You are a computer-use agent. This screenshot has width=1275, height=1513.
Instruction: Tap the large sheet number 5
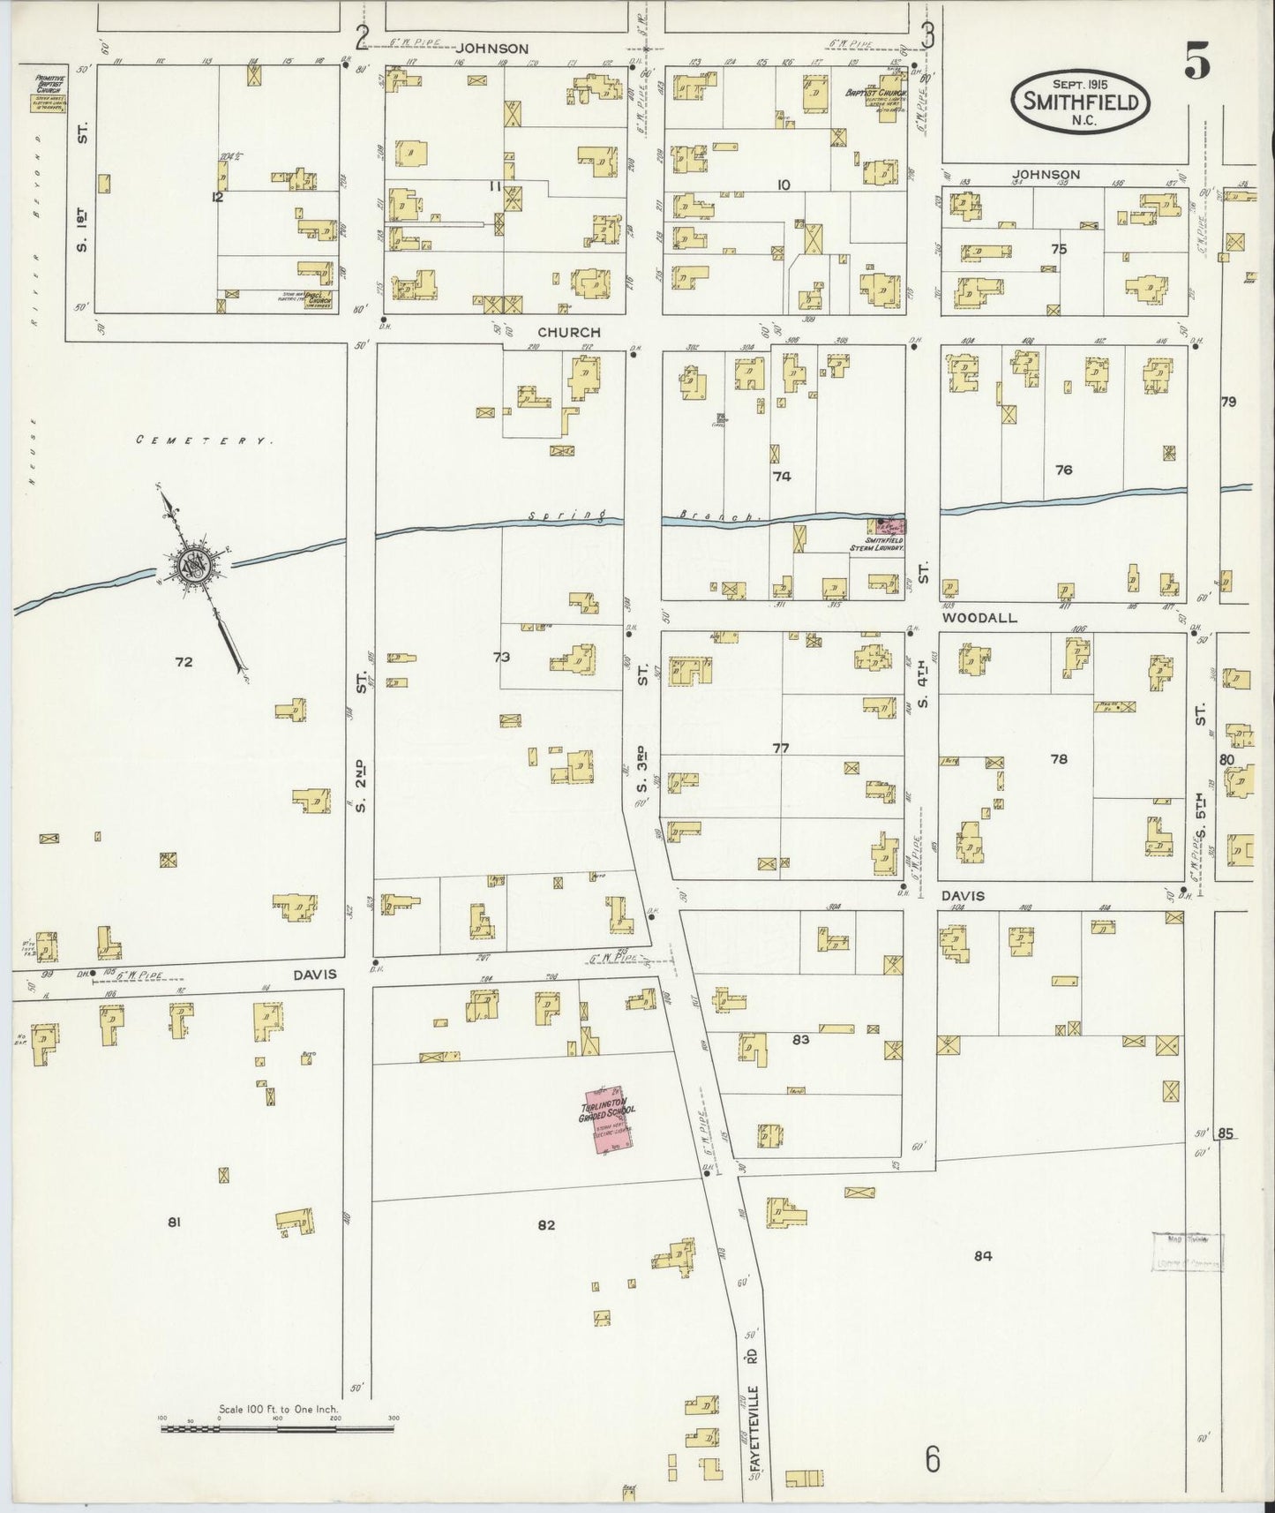pyautogui.click(x=1196, y=63)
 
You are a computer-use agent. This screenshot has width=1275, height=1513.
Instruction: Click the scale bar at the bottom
pyautogui.click(x=277, y=1426)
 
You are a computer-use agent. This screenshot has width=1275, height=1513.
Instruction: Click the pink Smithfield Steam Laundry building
pyautogui.click(x=887, y=527)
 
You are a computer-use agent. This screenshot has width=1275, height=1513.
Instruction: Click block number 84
pyautogui.click(x=982, y=1256)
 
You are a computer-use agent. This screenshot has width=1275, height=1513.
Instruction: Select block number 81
pyautogui.click(x=174, y=1223)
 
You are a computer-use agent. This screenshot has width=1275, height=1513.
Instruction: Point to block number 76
pyautogui.click(x=1063, y=470)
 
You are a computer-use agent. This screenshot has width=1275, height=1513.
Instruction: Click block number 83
pyautogui.click(x=800, y=1040)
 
